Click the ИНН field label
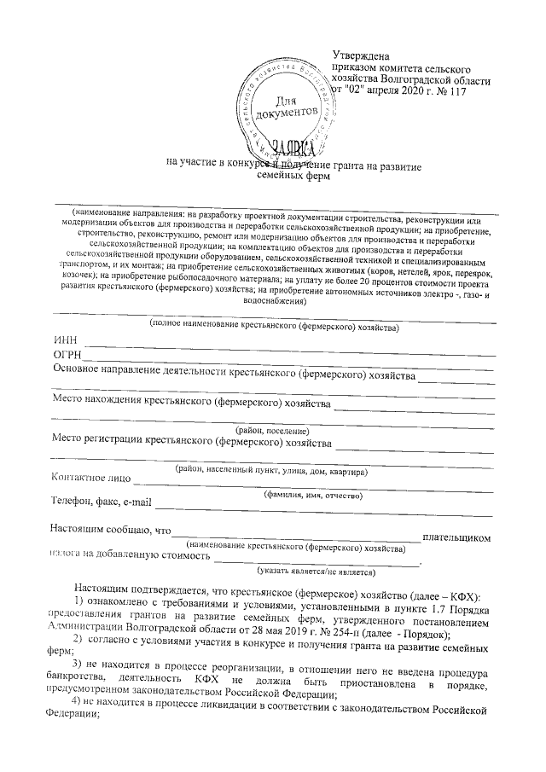coord(65,340)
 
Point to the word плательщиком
coord(458,538)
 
